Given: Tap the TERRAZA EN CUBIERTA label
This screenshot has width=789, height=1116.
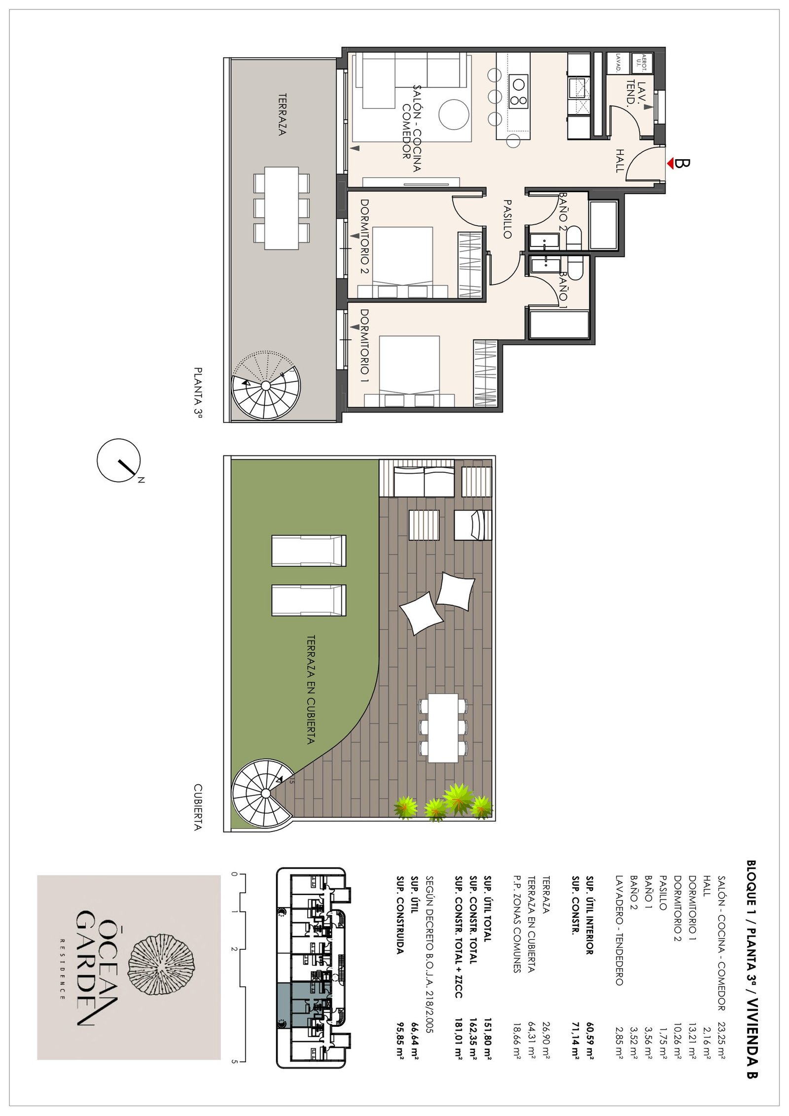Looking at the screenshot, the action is (311, 689).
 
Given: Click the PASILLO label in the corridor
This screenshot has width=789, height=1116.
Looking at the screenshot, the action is (507, 219).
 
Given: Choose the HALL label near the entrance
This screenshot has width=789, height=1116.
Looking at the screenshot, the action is (619, 161).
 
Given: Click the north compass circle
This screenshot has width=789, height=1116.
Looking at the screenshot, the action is (118, 460).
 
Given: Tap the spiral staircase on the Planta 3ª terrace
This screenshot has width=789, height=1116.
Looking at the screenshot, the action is (266, 385).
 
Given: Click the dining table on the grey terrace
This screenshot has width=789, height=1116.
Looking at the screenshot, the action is (282, 208).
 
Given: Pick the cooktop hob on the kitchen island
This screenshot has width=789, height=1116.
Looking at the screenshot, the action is (518, 92).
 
